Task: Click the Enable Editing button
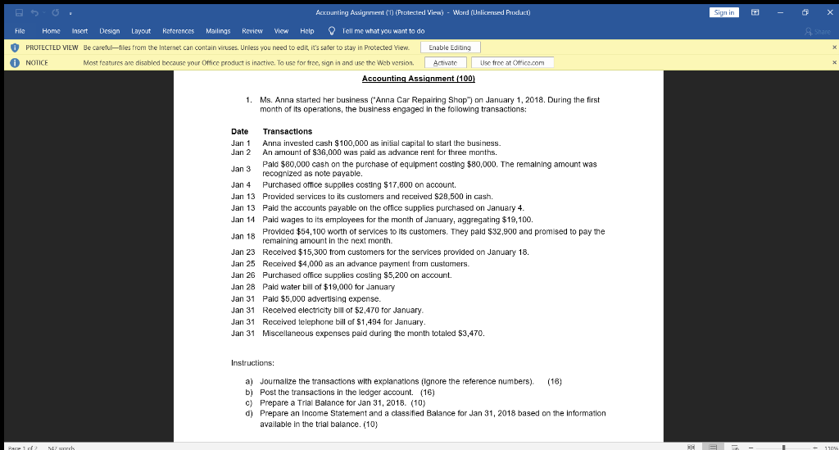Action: [x=451, y=48]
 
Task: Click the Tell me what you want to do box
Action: [x=382, y=30]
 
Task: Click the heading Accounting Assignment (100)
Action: [x=418, y=78]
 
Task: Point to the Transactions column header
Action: [x=287, y=131]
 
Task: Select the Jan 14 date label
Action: [x=243, y=220]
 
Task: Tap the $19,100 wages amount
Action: [x=516, y=220]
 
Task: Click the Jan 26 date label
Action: [x=243, y=275]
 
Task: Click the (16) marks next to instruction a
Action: [x=555, y=381]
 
